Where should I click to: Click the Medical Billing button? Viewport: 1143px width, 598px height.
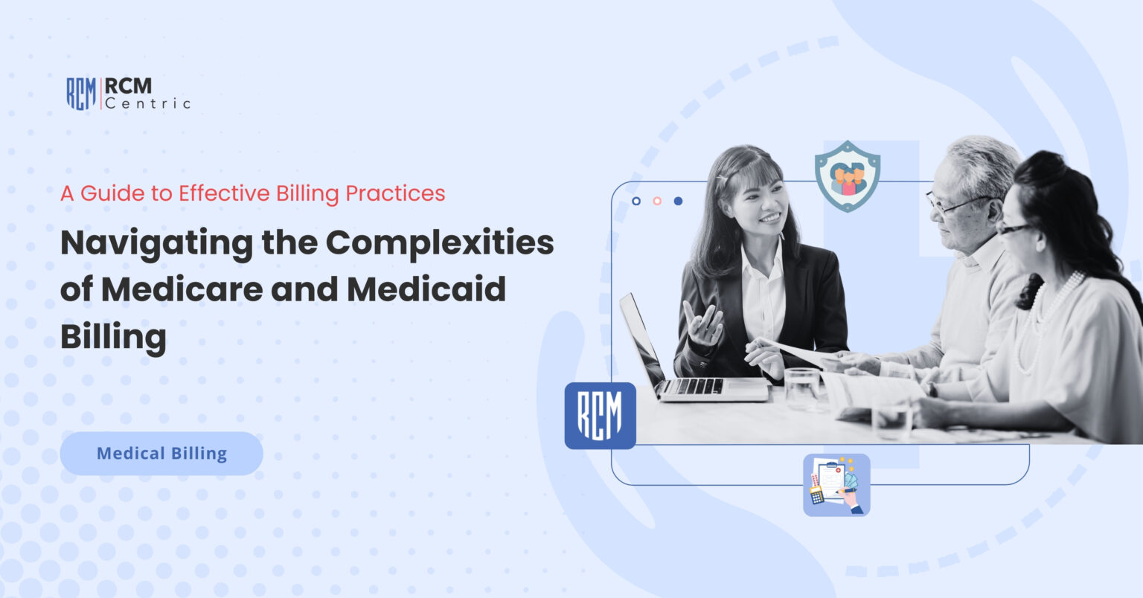click(x=161, y=453)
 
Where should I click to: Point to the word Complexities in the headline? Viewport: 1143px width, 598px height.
click(x=440, y=242)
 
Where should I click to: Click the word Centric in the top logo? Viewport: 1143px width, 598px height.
click(x=147, y=103)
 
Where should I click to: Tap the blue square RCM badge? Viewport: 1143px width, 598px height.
click(x=600, y=415)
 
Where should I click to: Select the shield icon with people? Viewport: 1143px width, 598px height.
click(x=847, y=176)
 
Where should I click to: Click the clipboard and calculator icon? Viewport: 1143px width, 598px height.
click(x=836, y=484)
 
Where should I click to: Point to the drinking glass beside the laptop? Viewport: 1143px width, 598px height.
click(x=801, y=388)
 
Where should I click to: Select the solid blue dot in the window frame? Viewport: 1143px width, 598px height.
click(x=678, y=201)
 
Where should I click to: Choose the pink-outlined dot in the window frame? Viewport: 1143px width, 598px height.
click(x=657, y=201)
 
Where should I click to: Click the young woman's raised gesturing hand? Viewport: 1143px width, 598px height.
click(x=703, y=324)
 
